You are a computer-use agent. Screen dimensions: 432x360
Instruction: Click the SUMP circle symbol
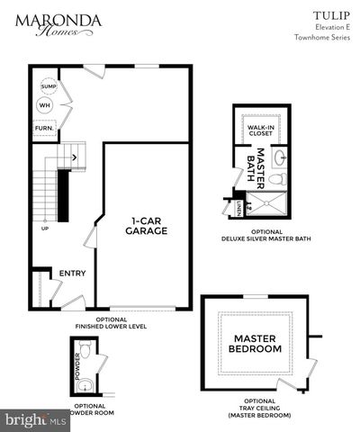48,86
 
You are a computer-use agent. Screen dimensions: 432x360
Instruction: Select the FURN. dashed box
44,128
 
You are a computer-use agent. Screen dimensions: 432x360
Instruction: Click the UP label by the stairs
44,227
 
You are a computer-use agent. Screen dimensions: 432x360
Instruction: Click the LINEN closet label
239,209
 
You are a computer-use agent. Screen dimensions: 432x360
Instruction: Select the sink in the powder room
85,384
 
